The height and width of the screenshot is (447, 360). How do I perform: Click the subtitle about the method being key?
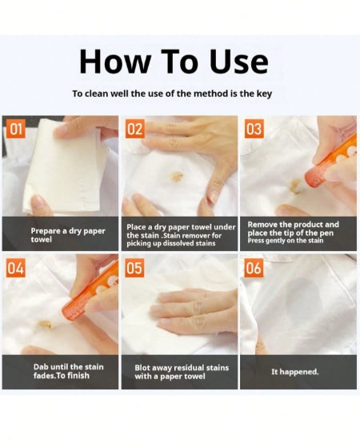(x=172, y=94)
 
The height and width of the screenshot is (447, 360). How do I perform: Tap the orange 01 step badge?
(x=17, y=130)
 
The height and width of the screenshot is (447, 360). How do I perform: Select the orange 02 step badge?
(x=135, y=130)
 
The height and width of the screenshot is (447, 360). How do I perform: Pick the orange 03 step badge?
(x=254, y=130)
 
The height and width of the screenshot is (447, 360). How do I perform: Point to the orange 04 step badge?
(x=17, y=269)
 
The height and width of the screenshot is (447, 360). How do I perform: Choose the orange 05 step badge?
(x=135, y=269)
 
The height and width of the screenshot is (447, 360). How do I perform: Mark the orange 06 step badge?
(x=254, y=269)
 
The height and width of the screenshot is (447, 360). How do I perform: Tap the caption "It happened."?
(x=296, y=372)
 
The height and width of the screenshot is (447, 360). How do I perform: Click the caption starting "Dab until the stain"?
(x=61, y=372)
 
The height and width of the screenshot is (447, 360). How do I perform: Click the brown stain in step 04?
(x=44, y=325)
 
